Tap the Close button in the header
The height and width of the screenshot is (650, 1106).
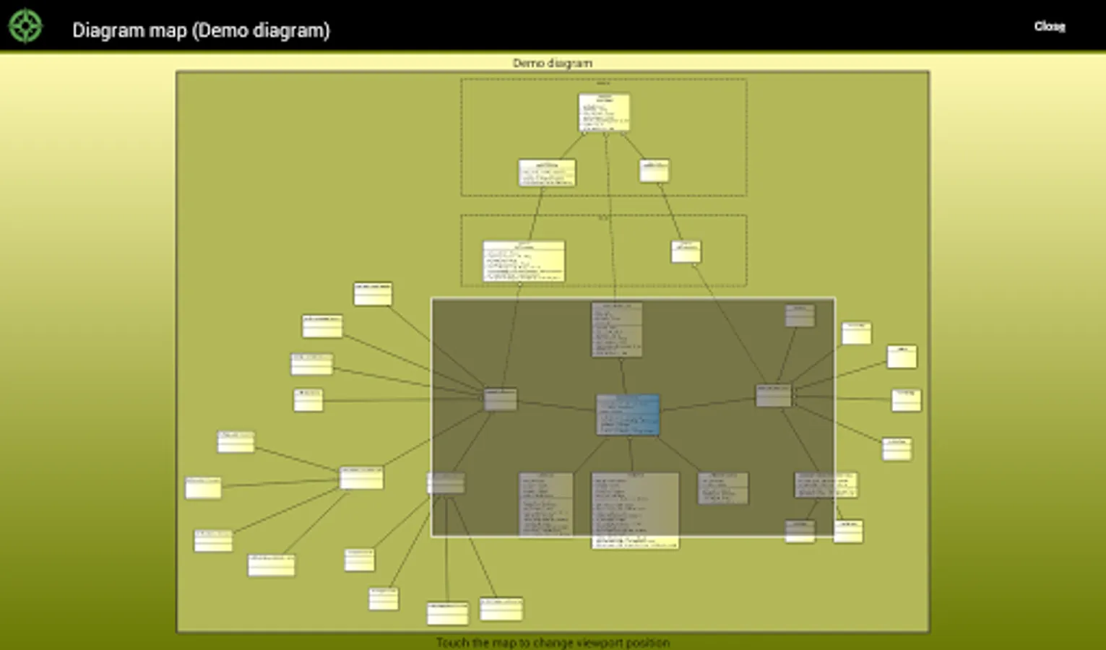pos(1049,27)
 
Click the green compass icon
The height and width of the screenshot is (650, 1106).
pos(25,27)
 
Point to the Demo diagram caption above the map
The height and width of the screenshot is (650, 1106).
pos(552,64)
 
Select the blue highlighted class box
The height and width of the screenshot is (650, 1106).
pos(628,415)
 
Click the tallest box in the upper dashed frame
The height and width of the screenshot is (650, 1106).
pos(604,113)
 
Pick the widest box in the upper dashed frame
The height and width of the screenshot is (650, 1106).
pos(547,173)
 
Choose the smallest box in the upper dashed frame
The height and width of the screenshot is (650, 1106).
pos(654,170)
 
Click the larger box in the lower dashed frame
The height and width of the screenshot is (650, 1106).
pos(524,261)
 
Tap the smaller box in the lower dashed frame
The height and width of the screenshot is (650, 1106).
pos(686,251)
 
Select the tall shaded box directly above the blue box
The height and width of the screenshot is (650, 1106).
pos(616,329)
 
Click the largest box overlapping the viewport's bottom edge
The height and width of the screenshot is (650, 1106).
pos(635,510)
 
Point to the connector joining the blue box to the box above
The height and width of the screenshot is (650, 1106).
pos(622,376)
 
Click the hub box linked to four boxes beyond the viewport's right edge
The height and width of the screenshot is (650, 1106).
pos(773,395)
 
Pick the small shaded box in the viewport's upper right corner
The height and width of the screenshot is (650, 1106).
pos(800,315)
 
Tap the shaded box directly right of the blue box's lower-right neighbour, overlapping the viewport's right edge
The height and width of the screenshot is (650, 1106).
pos(825,485)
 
